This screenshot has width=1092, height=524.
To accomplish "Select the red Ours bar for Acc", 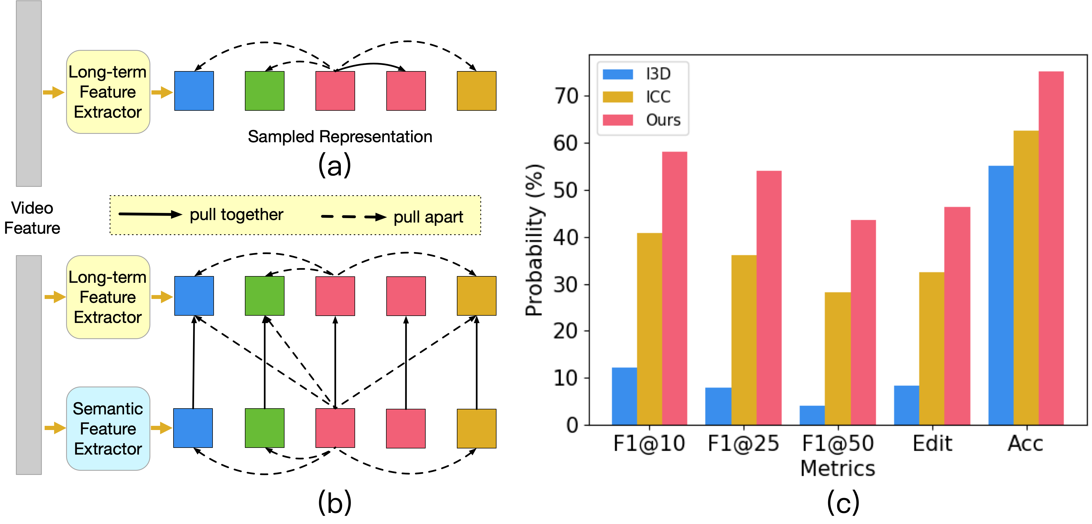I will click(x=1051, y=248).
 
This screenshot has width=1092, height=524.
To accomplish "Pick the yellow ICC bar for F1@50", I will click(x=837, y=358).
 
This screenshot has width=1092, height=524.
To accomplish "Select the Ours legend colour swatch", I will click(x=618, y=120).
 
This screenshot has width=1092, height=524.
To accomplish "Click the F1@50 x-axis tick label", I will click(x=838, y=443).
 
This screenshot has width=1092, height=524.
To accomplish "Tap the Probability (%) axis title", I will click(x=534, y=240).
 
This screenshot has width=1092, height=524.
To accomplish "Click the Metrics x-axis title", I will click(x=838, y=469).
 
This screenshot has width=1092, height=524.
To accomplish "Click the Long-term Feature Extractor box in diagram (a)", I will click(x=108, y=92).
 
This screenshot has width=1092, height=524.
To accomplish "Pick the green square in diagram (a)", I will click(x=264, y=91).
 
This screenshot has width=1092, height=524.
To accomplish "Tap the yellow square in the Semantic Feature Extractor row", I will click(x=476, y=428).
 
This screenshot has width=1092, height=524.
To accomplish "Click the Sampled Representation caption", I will click(x=340, y=137).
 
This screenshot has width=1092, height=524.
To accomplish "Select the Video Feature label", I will click(x=32, y=218).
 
